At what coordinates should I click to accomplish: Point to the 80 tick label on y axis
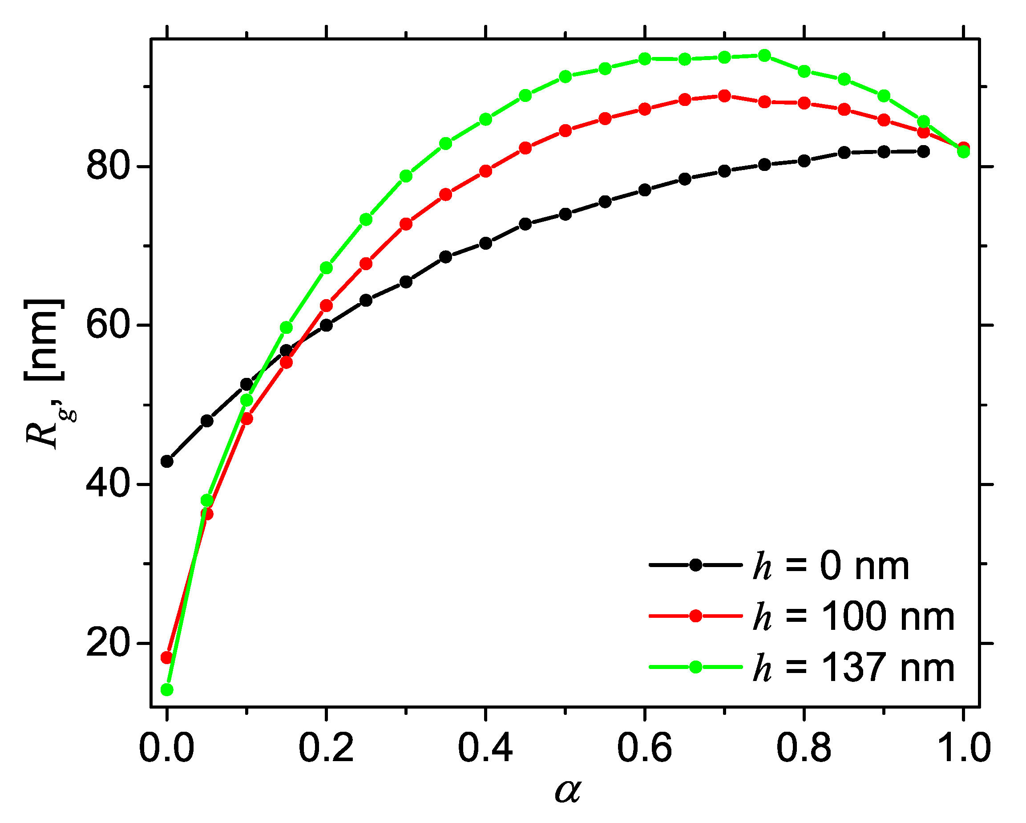(108, 166)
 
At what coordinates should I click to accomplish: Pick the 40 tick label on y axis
(108, 485)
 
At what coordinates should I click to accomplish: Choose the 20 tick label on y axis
(108, 644)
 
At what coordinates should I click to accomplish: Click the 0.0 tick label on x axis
(166, 747)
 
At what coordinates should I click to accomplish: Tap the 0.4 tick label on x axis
(485, 747)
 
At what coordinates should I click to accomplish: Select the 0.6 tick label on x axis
(644, 747)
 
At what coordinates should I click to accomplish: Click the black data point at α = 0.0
(167, 461)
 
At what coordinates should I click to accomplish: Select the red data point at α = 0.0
(166, 658)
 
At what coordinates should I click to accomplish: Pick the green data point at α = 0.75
(764, 56)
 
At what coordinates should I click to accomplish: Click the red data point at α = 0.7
(724, 96)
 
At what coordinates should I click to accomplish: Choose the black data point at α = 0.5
(566, 214)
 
